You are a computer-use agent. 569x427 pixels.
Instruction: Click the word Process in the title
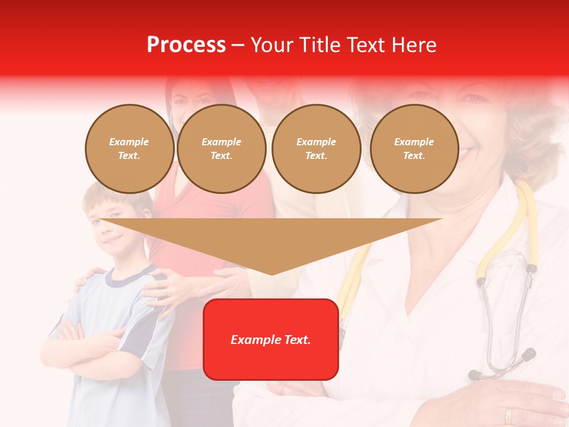pyautogui.click(x=186, y=45)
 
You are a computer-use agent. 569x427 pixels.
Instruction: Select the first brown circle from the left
pyautogui.click(x=129, y=149)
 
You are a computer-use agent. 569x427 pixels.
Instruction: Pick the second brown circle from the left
pyautogui.click(x=222, y=149)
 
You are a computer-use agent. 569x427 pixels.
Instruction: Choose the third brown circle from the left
pyautogui.click(x=316, y=149)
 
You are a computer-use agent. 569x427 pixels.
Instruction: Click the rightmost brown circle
pyautogui.click(x=414, y=149)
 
